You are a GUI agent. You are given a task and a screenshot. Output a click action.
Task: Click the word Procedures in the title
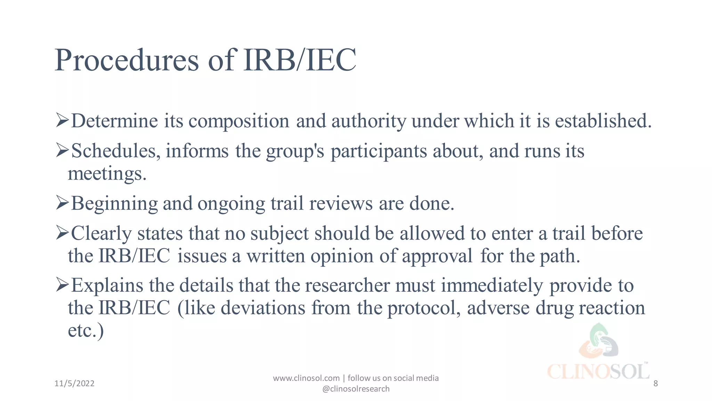point(127,61)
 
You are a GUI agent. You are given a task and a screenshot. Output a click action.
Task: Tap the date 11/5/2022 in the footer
point(74,384)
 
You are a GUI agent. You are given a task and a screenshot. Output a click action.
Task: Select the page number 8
point(656,384)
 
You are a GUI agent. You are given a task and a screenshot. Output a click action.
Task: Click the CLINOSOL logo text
point(598,372)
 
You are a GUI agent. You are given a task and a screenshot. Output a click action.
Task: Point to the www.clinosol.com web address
point(306,378)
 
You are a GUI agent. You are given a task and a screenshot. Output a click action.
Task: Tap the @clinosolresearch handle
point(356,389)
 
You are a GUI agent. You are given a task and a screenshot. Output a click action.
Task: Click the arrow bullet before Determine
point(62,120)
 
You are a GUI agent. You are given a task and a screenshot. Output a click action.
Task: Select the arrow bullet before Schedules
point(62,150)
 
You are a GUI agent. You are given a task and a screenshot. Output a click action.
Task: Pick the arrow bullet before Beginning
point(62,203)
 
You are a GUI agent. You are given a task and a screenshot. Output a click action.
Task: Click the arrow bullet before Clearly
point(62,233)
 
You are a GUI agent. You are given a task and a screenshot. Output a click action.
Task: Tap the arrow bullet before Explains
point(62,285)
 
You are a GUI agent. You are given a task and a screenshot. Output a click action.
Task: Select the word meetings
point(107,174)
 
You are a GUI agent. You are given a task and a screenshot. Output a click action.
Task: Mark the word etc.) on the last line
point(86,330)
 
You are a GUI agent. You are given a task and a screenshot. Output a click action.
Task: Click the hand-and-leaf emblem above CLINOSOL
point(599,341)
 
